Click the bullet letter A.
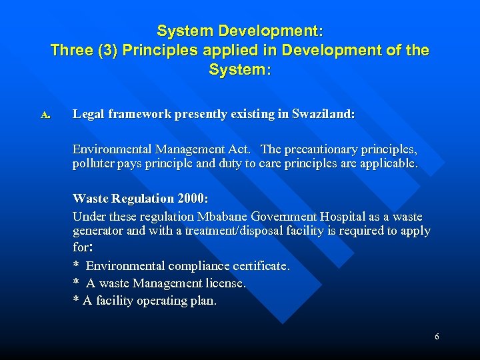tap(45, 115)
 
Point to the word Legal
tap(89, 115)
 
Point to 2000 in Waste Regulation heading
tap(192, 199)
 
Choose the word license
tap(226, 283)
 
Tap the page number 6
tap(437, 337)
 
